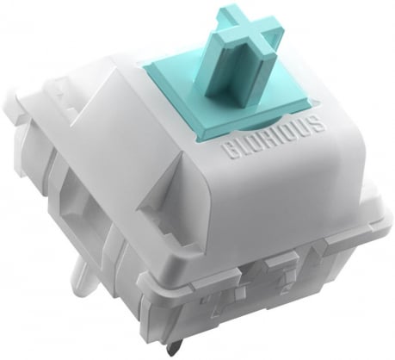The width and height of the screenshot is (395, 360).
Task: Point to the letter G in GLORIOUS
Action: pyautogui.click(x=229, y=152)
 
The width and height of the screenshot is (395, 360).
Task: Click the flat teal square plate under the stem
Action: pyautogui.click(x=226, y=95)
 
